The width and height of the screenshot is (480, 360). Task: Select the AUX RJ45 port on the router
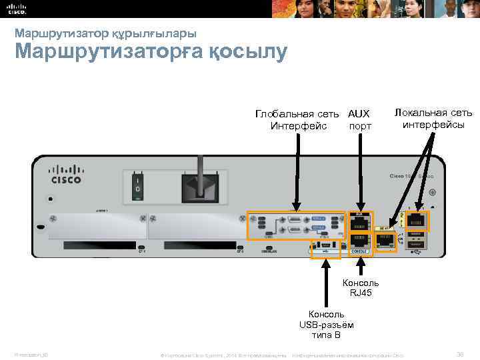361,222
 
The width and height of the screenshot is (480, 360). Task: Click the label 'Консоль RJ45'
360,287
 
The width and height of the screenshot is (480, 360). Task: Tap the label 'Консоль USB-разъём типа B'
327,325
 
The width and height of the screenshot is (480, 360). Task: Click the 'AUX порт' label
359,120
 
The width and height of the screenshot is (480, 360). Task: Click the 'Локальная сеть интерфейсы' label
433,118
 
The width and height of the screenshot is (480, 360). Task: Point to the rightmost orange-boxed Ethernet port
418,221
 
